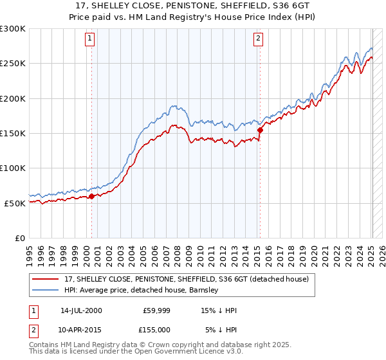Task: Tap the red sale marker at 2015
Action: point(260,130)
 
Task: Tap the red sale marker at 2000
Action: point(91,196)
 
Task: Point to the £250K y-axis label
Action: point(13,64)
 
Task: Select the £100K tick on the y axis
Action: point(13,168)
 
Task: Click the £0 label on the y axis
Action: point(19,238)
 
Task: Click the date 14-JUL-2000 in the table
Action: point(81,310)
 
